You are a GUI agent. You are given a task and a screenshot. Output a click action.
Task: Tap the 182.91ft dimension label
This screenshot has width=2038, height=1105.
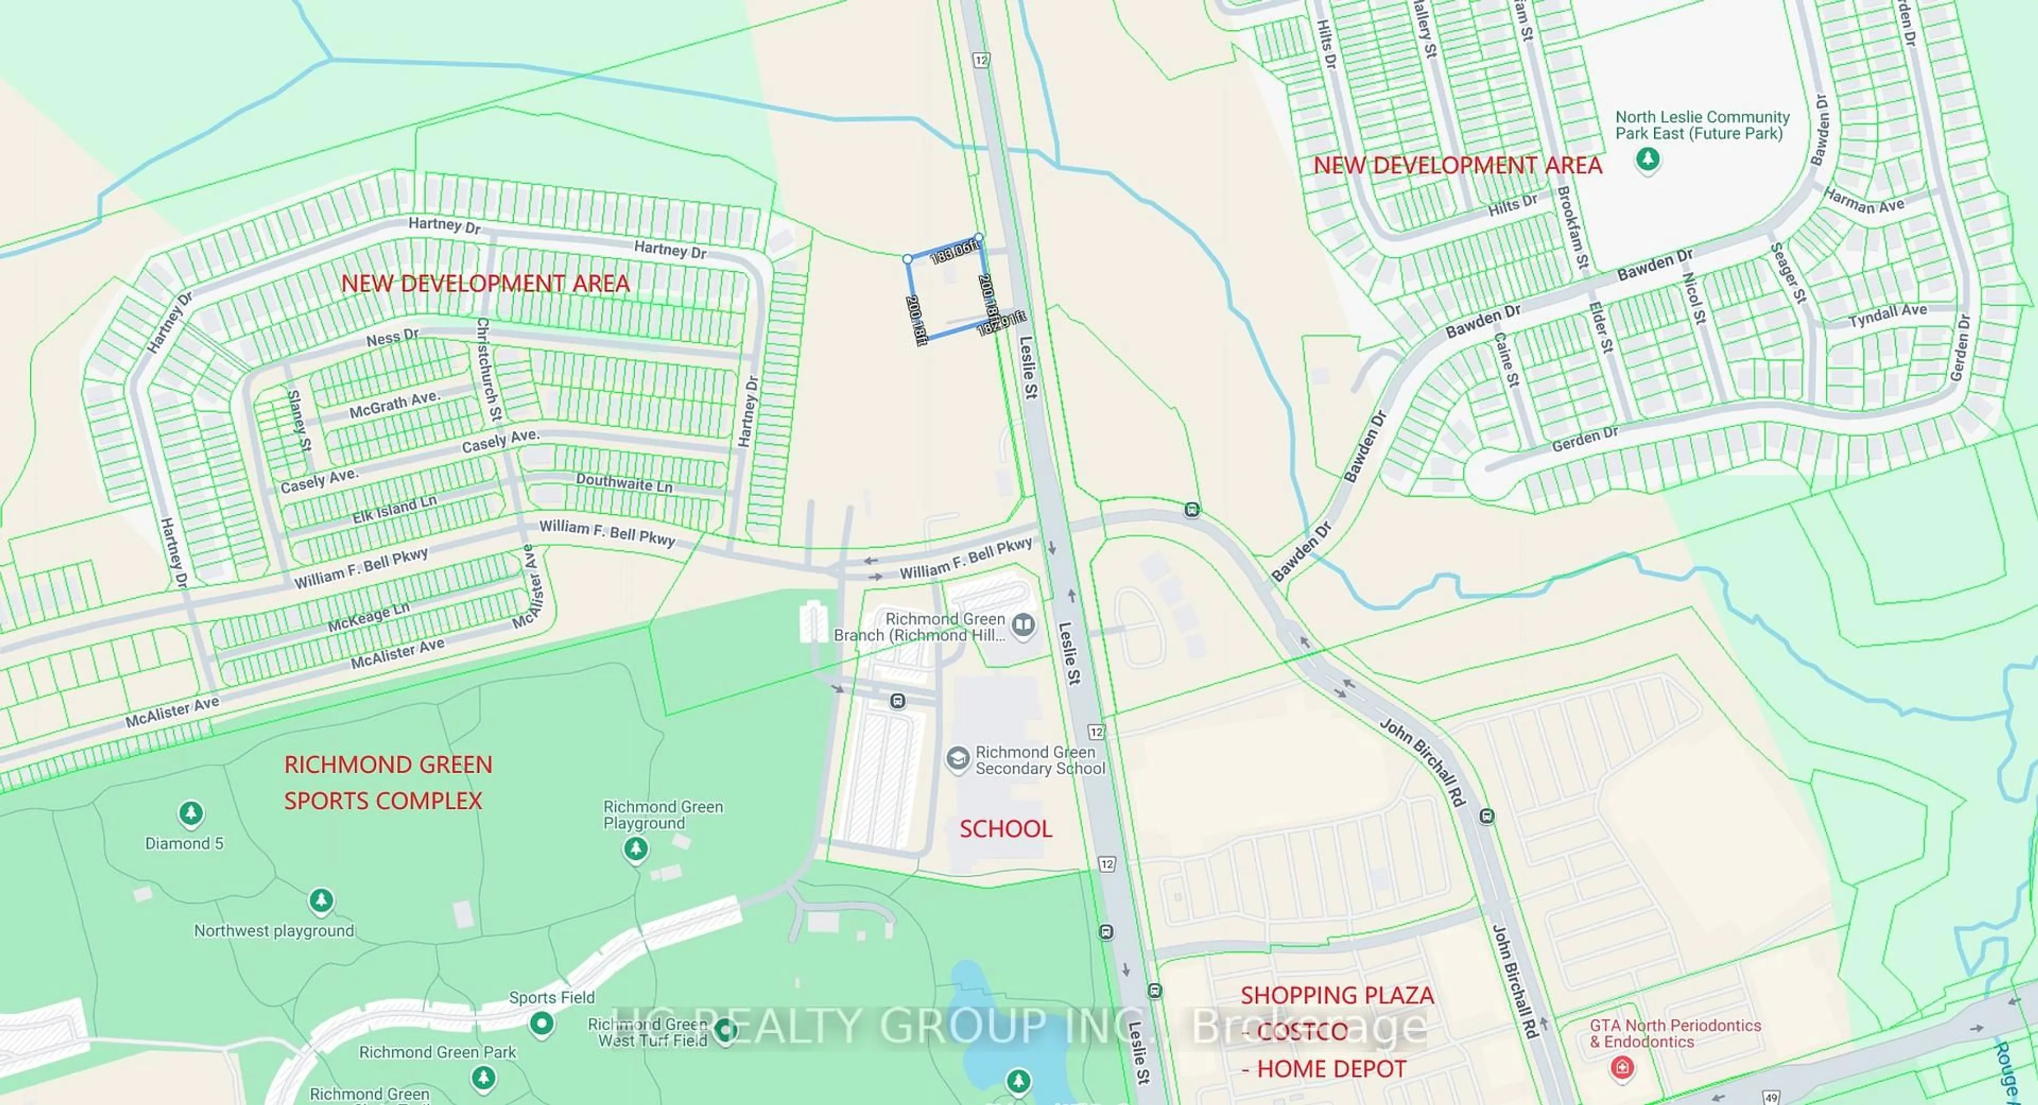tap(1001, 323)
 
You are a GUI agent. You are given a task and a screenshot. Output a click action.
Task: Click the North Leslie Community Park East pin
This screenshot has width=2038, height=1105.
tap(1648, 160)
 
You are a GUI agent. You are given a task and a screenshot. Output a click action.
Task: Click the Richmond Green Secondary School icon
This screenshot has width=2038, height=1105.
tap(958, 758)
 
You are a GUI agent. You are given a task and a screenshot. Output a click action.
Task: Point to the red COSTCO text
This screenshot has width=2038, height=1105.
tap(1301, 1031)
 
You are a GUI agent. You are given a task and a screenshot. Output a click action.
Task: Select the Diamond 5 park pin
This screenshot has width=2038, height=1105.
tap(190, 813)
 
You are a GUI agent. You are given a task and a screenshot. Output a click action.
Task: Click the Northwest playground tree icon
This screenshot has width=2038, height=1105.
tap(321, 900)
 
